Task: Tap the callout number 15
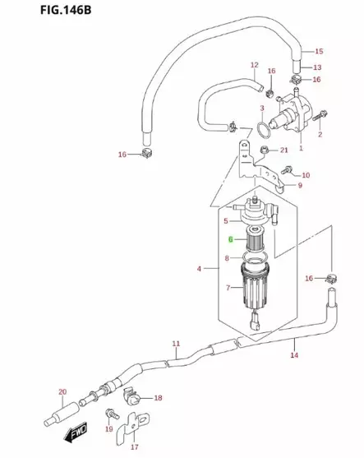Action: (319, 51)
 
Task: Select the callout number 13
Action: (317, 67)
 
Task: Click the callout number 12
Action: (254, 65)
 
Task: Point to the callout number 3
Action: (261, 108)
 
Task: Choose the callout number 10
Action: (305, 175)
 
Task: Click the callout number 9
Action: (300, 186)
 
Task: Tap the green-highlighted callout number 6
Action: (231, 240)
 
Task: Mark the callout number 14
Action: (293, 355)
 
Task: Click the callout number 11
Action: (175, 343)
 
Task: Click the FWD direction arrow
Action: (76, 430)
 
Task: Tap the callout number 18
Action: (159, 397)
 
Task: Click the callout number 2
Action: (320, 133)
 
